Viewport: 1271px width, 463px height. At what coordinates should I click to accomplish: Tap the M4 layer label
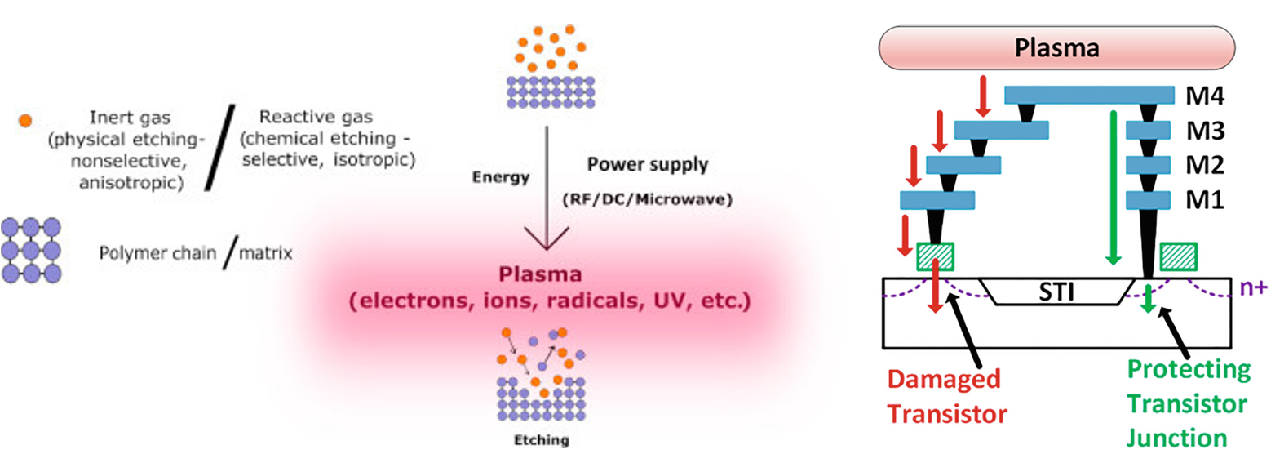(1205, 96)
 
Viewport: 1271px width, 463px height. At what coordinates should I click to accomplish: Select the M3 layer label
(1205, 131)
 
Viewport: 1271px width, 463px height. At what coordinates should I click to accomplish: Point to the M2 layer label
(1205, 165)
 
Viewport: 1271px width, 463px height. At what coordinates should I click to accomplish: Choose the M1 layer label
(1205, 199)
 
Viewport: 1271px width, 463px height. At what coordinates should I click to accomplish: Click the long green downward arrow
(1111, 187)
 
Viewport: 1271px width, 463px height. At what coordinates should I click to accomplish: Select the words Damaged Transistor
(944, 396)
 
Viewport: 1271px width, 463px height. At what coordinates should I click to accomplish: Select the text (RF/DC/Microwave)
(647, 198)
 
